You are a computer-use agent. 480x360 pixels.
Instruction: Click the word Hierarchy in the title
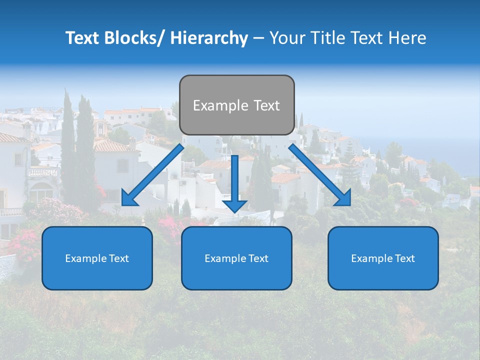click(209, 38)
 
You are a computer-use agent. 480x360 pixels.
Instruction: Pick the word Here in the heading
click(407, 38)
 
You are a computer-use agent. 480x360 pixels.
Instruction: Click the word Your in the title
click(286, 38)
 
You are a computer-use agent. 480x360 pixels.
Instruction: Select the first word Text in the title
click(82, 38)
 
